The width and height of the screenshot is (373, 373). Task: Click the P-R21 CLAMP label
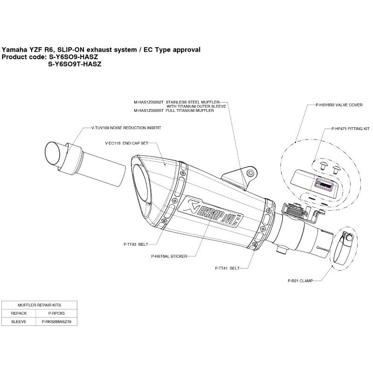pyautogui.click(x=300, y=281)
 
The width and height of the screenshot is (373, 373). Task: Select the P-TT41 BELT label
pyautogui.click(x=227, y=268)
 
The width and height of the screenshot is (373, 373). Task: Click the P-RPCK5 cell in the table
pyautogui.click(x=56, y=313)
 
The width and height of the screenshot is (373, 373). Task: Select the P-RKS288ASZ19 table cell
pyautogui.click(x=56, y=321)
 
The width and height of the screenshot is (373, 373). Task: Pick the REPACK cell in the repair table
pyautogui.click(x=18, y=313)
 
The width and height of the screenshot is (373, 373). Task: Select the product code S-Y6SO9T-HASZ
pyautogui.click(x=75, y=65)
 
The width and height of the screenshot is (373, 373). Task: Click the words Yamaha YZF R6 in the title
pyautogui.click(x=26, y=49)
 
